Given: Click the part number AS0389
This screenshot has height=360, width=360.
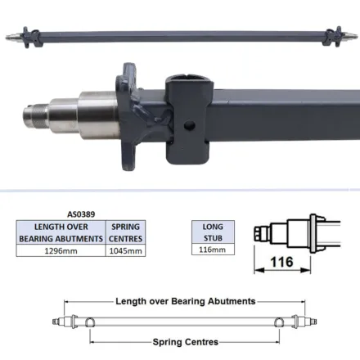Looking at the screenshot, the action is tap(81, 214).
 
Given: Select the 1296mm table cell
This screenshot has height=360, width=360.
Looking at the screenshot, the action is tap(61, 250).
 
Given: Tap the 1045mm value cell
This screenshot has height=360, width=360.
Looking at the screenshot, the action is tap(125, 250).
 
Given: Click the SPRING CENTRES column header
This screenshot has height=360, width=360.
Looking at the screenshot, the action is tap(125, 232).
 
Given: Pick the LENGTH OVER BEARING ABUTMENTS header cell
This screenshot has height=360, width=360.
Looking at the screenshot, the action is tap(61, 232).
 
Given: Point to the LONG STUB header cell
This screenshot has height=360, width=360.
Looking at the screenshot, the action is tap(213, 232).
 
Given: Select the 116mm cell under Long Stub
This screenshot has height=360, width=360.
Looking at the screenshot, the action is tap(213, 250).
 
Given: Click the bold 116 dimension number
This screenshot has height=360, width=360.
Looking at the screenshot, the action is tap(282, 262).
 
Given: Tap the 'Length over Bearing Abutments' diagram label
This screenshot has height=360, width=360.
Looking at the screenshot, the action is tap(186, 301).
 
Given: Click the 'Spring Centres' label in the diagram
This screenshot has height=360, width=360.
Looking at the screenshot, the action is tap(186, 342).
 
